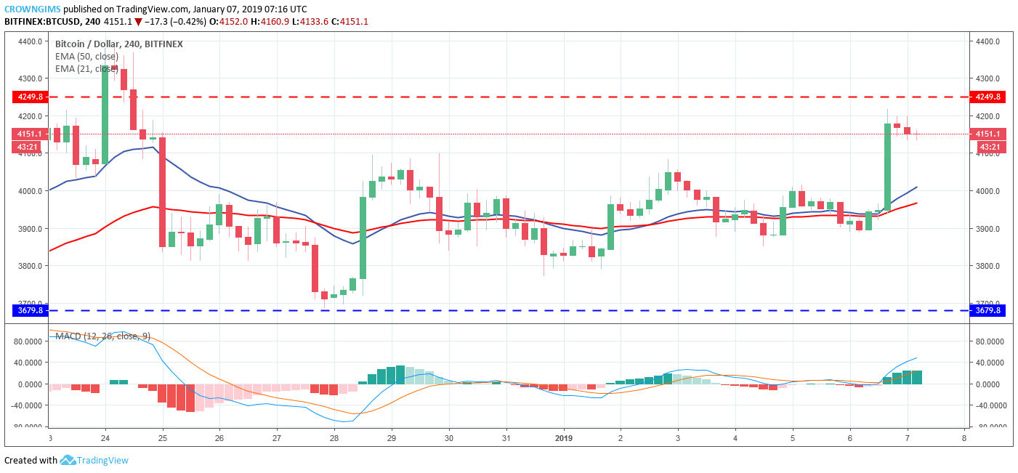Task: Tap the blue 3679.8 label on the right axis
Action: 987,311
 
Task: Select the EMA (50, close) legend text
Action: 88,56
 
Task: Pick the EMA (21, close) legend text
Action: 86,68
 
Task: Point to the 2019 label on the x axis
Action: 564,438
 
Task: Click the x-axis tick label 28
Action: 334,438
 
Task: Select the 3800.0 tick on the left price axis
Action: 28,266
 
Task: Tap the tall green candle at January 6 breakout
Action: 887,167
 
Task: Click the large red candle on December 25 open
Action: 162,192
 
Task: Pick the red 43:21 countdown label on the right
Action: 987,147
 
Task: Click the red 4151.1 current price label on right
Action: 987,134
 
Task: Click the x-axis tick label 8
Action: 964,438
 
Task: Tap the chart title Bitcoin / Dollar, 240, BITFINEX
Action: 119,44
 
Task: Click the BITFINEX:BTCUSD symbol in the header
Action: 41,22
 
